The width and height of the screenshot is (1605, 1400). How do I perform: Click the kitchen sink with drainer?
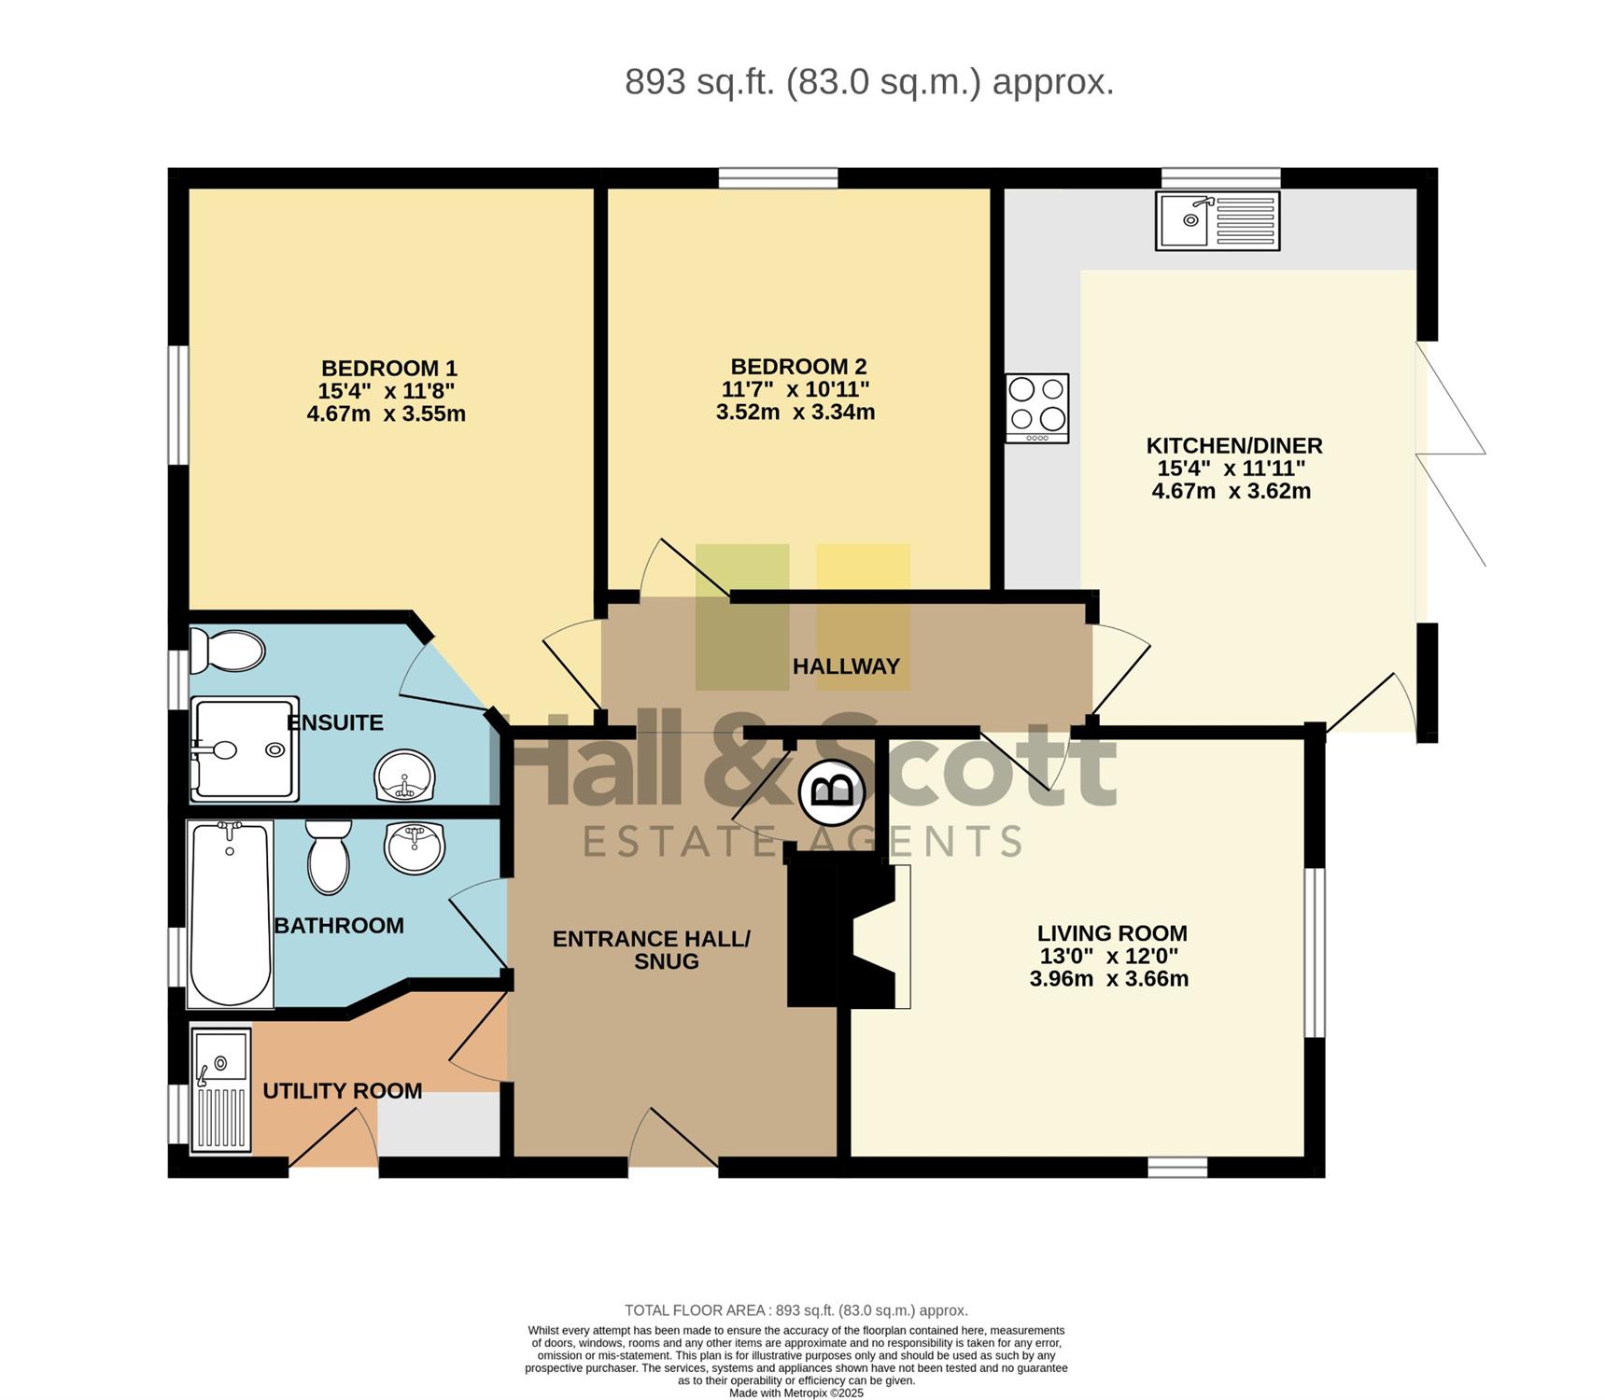point(1218,220)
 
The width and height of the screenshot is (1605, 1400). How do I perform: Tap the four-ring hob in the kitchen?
point(1037,408)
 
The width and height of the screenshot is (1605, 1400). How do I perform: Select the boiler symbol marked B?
point(832,791)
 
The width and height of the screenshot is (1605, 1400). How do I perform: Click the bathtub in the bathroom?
point(230,915)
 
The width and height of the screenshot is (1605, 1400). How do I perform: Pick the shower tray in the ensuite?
point(245,749)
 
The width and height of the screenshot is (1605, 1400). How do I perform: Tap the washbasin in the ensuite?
point(405,777)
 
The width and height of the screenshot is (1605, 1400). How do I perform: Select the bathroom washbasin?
point(415,847)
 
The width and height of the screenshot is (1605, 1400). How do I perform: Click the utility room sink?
point(221,1090)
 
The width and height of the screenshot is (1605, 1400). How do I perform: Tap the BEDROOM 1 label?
point(389,368)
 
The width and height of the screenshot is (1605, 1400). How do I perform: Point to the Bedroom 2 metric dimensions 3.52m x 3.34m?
point(795,412)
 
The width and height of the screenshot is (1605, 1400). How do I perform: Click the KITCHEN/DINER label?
point(1234,445)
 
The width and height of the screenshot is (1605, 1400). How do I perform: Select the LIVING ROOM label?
point(1112,933)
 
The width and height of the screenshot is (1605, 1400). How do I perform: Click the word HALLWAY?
point(846,666)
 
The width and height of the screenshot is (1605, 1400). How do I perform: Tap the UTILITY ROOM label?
point(343,1091)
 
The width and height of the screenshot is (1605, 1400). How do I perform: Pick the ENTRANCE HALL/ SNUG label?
point(652,950)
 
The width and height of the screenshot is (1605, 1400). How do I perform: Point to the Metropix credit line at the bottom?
point(796,1393)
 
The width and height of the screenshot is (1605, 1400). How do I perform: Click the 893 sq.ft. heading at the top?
point(869,82)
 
